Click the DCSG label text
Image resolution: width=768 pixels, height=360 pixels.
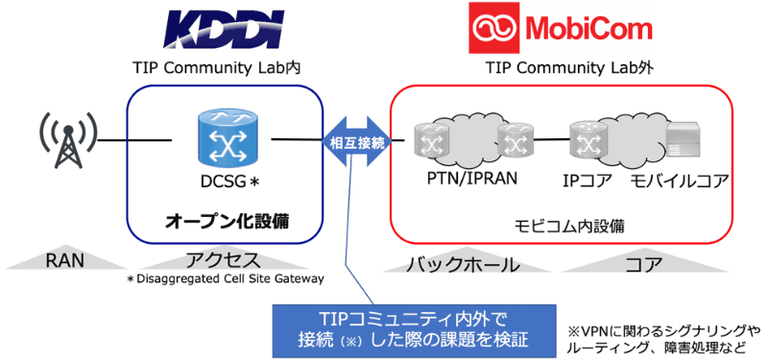click(x=224, y=180)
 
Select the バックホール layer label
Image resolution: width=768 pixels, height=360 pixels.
click(x=465, y=263)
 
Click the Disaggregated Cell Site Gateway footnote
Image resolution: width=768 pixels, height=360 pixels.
click(x=227, y=279)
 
